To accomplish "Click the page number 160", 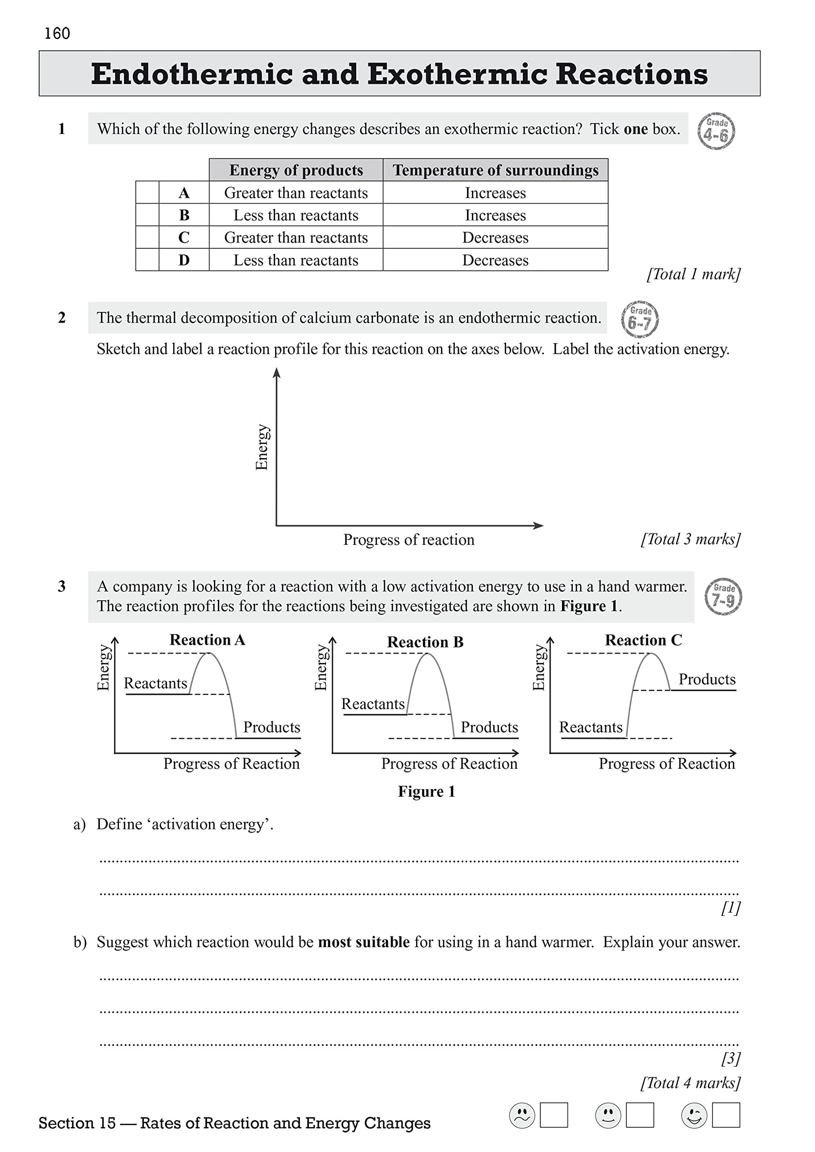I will [x=57, y=34].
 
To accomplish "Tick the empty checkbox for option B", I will [x=147, y=215].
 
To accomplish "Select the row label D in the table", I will [x=184, y=260].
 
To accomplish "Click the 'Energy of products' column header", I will [x=296, y=170].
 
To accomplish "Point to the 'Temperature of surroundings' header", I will [x=495, y=170].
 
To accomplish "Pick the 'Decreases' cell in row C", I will [x=495, y=237].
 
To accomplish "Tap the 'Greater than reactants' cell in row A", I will [x=296, y=193].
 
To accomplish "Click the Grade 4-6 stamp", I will [x=716, y=131].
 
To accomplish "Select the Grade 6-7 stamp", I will [x=639, y=319].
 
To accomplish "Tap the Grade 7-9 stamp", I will [x=723, y=597].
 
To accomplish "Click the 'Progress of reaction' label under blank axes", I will [x=408, y=540].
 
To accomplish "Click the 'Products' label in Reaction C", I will [x=706, y=679].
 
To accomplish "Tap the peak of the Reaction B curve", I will [x=427, y=654].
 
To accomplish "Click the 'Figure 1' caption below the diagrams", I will [x=426, y=791].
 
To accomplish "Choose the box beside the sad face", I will [x=553, y=1115].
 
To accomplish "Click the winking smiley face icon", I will [x=694, y=1116].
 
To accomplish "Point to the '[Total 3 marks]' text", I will [x=690, y=539].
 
